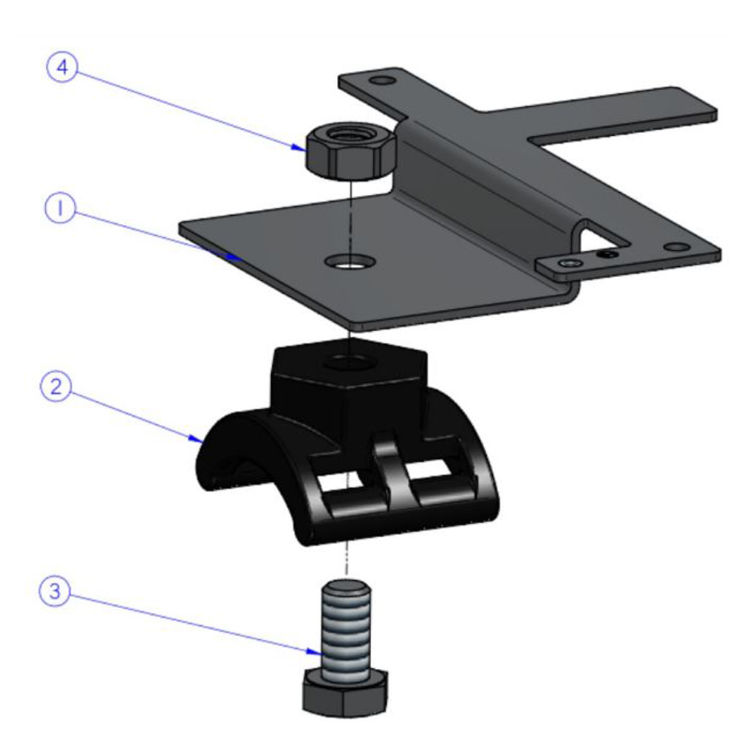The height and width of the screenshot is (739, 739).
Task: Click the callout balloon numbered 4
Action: click(x=62, y=67)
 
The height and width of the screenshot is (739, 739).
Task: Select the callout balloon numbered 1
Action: click(x=60, y=208)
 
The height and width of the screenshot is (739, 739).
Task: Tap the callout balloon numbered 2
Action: click(x=56, y=386)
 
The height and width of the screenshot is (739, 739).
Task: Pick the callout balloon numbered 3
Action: click(x=55, y=591)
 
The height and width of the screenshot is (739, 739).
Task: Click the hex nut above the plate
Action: click(x=350, y=151)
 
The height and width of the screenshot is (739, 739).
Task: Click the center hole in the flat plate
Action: click(x=350, y=261)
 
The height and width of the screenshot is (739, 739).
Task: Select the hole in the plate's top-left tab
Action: click(x=383, y=81)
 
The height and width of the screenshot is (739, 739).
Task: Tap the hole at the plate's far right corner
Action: click(x=677, y=248)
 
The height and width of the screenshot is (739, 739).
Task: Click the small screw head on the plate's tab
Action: click(x=570, y=263)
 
